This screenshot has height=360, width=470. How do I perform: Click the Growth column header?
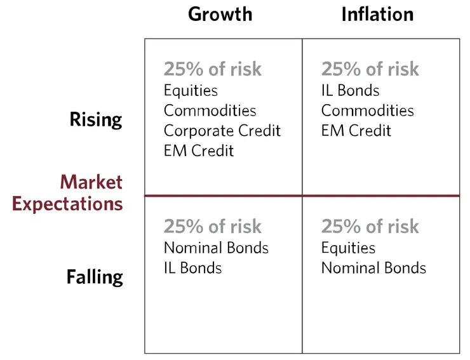point(220,14)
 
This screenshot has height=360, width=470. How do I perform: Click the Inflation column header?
point(377,14)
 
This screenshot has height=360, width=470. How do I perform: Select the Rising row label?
point(96,119)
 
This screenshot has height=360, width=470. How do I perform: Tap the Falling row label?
point(95,277)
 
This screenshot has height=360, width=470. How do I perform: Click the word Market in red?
point(91,182)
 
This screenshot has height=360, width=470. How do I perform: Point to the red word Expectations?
point(67,204)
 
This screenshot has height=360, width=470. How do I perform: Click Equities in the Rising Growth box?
point(191,91)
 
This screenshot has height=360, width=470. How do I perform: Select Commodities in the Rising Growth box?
point(210,110)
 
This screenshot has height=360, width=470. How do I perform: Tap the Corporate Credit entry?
point(222,131)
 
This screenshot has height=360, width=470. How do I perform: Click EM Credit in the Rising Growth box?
point(198,150)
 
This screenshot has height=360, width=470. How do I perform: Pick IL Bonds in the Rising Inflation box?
point(350,91)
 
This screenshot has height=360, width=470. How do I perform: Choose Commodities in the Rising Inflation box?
point(367,110)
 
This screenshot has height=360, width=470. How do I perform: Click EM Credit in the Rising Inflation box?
point(356,131)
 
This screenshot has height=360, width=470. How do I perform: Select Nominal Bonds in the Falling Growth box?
point(216,248)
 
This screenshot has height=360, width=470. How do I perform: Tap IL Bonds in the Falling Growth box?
point(192,268)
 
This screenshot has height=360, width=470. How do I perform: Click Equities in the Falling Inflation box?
point(348,248)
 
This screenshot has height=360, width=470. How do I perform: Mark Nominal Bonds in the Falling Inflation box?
point(373,268)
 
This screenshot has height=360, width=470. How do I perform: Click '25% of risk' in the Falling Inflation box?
point(370,227)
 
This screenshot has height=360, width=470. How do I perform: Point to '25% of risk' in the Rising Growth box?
point(212,69)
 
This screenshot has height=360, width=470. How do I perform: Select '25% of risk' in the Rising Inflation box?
point(370,69)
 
